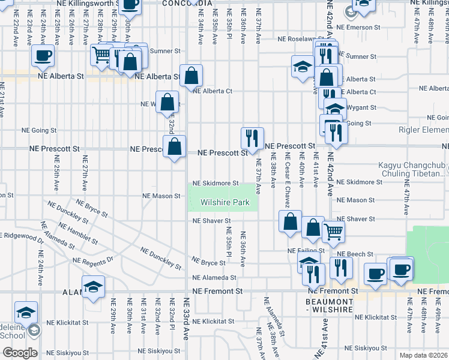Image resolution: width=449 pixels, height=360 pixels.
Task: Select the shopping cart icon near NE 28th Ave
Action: tap(101, 56)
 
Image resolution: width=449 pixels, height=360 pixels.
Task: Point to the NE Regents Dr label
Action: tap(92, 260)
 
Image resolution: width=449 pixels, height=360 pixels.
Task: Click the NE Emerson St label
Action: tap(358, 27)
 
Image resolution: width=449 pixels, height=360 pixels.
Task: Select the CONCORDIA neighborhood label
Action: tap(188, 3)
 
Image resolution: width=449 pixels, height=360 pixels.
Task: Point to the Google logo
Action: tap(19, 353)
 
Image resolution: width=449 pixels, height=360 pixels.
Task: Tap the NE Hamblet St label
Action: tap(78, 229)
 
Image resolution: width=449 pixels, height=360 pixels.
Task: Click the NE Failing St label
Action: tap(306, 250)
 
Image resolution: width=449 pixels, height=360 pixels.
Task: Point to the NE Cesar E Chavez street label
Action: tap(287, 183)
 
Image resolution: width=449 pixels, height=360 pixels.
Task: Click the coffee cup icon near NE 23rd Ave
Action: tap(43, 56)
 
